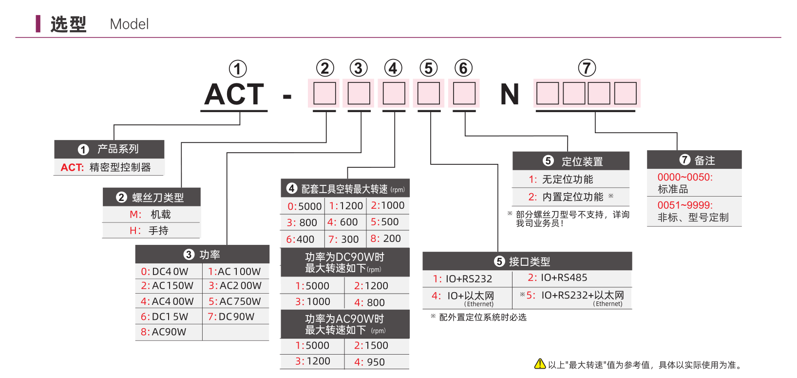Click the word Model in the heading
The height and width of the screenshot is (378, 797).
(129, 24)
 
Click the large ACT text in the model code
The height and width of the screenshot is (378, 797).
(234, 95)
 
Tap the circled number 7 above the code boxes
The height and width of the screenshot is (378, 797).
(587, 68)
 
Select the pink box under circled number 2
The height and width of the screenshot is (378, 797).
(324, 93)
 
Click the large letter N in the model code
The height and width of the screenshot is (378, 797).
(509, 95)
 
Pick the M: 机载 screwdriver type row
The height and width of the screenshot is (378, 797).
(152, 215)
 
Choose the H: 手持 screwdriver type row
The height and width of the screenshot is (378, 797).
(152, 231)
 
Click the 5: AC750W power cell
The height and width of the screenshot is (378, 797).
(235, 301)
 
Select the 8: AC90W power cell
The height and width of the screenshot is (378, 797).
(169, 332)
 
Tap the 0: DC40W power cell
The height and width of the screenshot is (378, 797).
(169, 272)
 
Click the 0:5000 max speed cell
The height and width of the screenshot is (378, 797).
(303, 206)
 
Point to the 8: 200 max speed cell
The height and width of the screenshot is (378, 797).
(387, 239)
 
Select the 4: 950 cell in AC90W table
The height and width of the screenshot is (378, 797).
(377, 362)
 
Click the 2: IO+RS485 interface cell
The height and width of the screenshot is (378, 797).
(572, 278)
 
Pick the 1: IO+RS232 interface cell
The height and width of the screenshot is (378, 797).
(467, 279)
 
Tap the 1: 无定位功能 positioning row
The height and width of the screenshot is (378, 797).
(570, 179)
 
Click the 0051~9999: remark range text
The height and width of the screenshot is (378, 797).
(685, 205)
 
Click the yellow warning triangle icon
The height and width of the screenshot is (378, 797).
(540, 364)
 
